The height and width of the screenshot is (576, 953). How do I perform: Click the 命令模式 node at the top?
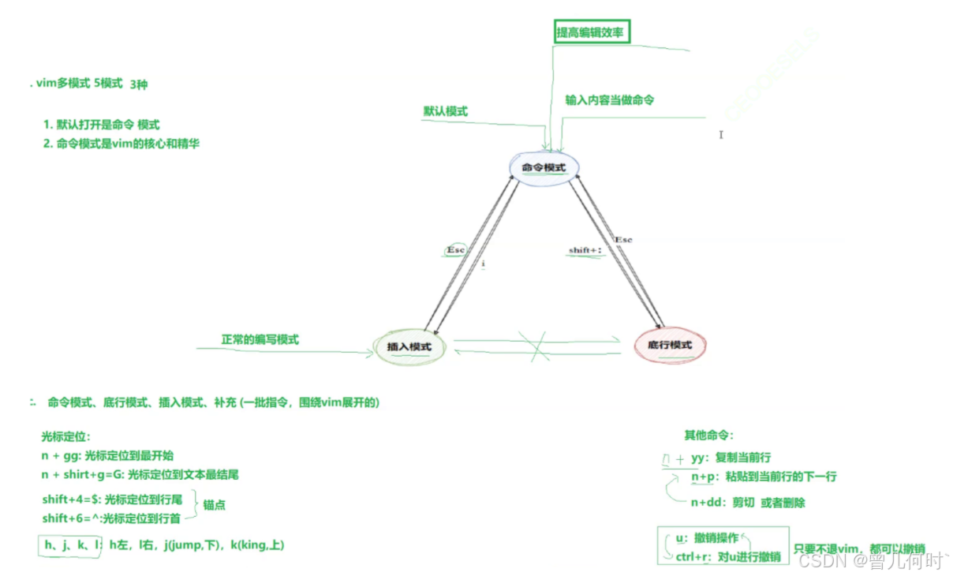(544, 167)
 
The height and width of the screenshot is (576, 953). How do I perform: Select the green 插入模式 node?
(409, 346)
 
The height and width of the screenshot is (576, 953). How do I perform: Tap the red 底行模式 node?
(670, 345)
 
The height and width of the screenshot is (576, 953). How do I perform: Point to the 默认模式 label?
(446, 111)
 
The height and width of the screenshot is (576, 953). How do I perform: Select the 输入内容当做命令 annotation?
(609, 100)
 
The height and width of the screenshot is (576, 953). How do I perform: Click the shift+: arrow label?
(585, 250)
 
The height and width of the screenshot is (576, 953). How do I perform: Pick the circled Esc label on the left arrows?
(456, 249)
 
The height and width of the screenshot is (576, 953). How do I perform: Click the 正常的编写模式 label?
(260, 339)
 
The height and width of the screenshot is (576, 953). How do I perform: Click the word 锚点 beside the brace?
(215, 504)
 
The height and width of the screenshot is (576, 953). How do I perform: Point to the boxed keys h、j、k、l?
(69, 545)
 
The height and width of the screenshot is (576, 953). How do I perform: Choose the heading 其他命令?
(708, 435)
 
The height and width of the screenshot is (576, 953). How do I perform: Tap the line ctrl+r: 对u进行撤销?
(727, 557)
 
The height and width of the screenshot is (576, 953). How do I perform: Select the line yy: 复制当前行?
(731, 458)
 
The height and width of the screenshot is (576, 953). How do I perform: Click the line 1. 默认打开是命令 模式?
(101, 125)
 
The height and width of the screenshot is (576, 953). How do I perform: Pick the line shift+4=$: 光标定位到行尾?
(112, 499)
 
